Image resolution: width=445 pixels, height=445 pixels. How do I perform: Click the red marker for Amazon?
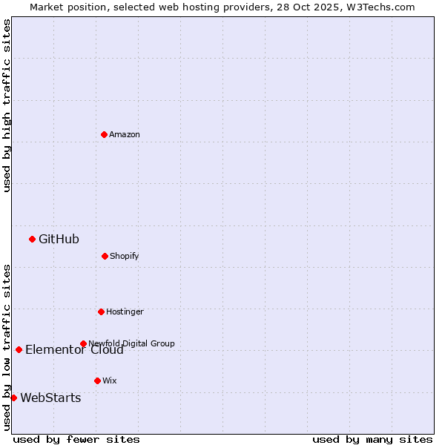tap(104, 134)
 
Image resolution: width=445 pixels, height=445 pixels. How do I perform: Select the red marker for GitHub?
tap(32, 239)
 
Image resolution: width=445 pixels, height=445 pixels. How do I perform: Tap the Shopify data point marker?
tap(105, 256)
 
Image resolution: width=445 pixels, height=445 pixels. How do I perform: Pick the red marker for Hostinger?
tap(101, 311)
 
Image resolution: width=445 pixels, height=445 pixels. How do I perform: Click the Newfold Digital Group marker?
tap(83, 343)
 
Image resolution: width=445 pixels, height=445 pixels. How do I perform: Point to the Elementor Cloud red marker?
tap(19, 349)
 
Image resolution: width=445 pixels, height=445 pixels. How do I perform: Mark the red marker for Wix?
tap(97, 380)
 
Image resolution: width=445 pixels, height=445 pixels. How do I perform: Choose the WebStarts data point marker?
tap(13, 398)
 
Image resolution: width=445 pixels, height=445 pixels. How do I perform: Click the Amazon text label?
tap(125, 134)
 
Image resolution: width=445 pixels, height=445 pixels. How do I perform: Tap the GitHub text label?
tap(59, 239)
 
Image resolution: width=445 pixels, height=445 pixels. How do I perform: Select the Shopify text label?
tap(124, 256)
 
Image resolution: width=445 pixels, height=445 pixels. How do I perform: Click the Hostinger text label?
tap(125, 311)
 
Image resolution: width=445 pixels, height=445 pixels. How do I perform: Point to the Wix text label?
tap(110, 380)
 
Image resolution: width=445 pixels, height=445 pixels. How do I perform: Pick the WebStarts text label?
tap(50, 398)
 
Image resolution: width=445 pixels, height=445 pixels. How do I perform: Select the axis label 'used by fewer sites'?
tap(76, 439)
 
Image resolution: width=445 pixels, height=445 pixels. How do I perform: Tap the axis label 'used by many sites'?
tap(372, 439)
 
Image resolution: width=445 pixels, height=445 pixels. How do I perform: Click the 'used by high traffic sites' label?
tap(7, 105)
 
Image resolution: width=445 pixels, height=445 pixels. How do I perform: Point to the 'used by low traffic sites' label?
tap(7, 347)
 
